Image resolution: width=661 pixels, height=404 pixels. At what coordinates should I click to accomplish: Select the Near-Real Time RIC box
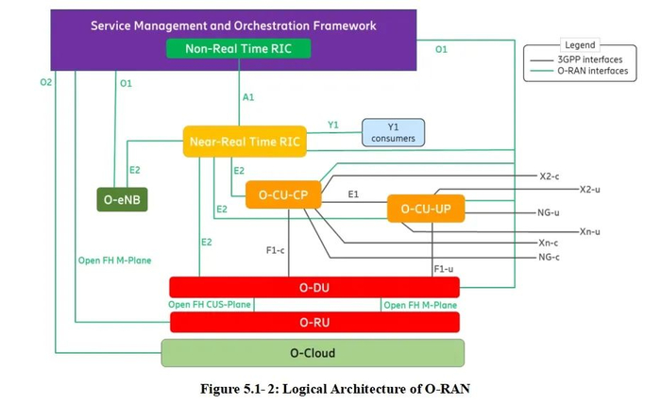point(245,143)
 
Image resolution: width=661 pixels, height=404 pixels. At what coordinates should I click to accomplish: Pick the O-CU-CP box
point(282,195)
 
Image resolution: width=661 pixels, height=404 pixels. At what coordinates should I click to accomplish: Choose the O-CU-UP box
point(426,209)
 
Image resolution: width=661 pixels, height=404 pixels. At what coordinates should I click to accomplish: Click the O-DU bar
point(314,287)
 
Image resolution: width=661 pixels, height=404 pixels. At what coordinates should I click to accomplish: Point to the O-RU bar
point(314,322)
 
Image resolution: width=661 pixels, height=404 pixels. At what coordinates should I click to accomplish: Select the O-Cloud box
point(313,353)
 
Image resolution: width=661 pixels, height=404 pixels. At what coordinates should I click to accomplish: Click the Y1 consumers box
point(394,133)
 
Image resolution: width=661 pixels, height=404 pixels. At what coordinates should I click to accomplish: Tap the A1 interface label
point(249,96)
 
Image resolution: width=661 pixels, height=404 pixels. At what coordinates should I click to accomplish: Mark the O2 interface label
point(45,83)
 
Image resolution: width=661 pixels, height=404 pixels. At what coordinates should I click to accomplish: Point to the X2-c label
point(551,176)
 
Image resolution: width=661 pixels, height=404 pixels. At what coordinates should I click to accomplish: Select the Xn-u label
point(590,231)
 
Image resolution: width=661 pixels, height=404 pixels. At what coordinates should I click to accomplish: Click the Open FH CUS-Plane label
point(211,305)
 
